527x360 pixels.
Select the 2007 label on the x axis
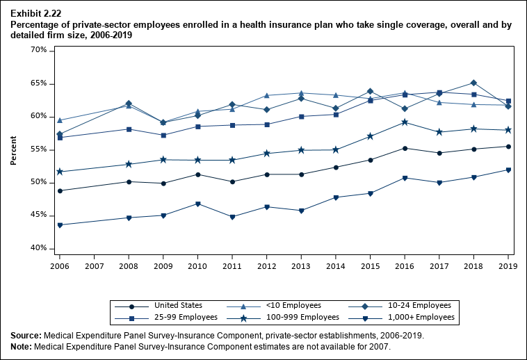(94, 265)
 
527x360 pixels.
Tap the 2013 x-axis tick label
(301, 265)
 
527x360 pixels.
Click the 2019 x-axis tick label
(508, 265)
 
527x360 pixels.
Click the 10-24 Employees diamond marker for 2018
(473, 83)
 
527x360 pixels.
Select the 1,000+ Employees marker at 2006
(60, 225)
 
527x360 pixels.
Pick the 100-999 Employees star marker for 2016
(405, 122)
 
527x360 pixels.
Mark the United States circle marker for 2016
(405, 148)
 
